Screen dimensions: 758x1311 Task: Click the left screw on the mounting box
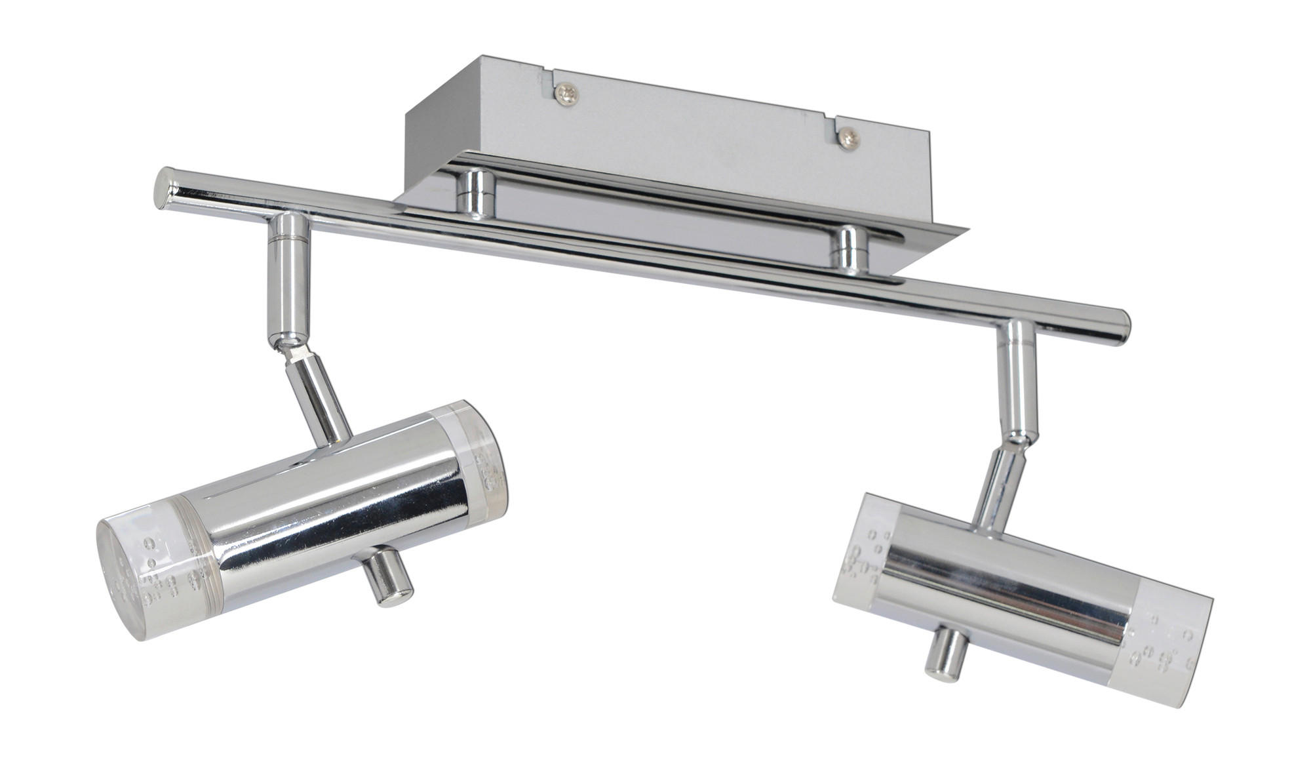[x=566, y=94]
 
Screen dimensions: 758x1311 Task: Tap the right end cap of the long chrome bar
[x=1122, y=326]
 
